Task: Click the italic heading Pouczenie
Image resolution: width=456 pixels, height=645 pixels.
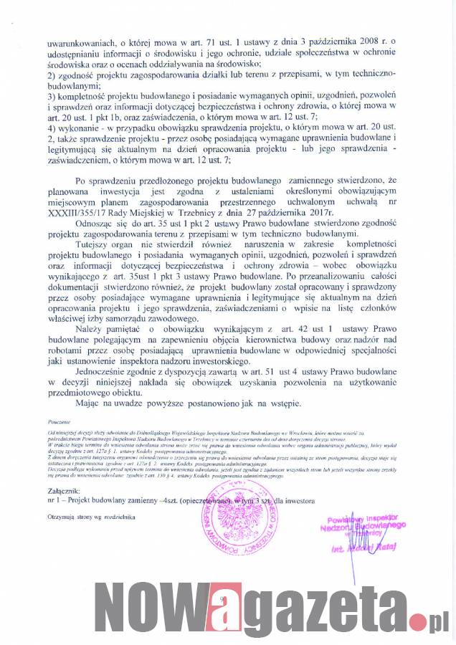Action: (60, 424)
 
